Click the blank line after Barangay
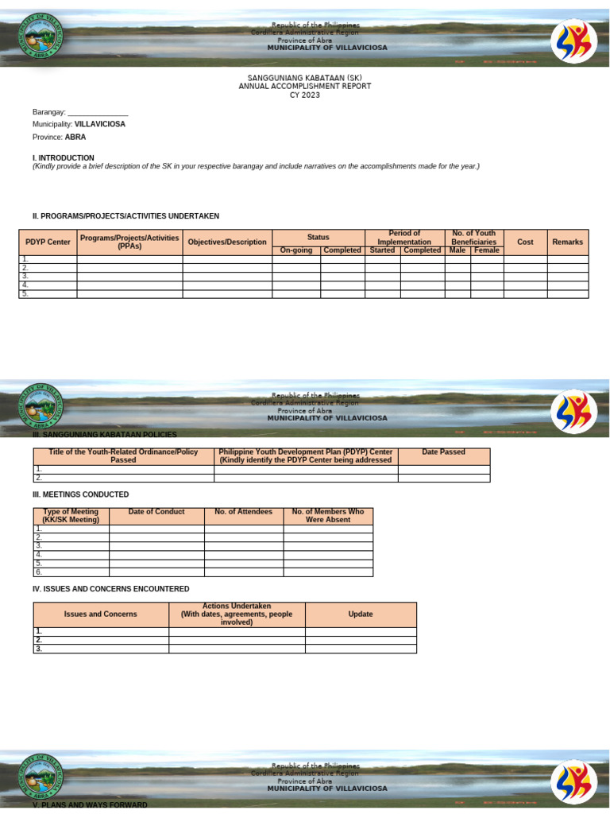coord(98,112)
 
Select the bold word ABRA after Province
coord(75,137)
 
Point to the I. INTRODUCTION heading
coord(64,157)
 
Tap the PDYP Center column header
coord(48,242)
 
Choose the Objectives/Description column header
coord(227,242)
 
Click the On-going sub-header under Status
coord(296,250)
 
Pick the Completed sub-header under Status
coord(342,250)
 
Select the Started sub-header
coord(382,250)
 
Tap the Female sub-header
coord(487,250)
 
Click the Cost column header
coord(525,242)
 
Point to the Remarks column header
coord(567,242)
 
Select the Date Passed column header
coord(443,452)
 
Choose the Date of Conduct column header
coord(156,512)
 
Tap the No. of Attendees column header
coord(243,512)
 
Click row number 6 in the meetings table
coord(38,572)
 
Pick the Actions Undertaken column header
coord(237,614)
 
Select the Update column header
coord(361,614)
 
